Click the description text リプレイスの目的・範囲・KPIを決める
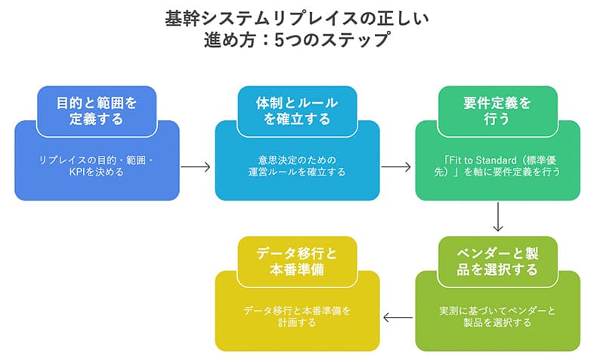[96, 166]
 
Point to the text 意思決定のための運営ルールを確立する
[297, 166]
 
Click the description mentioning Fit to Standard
[498, 166]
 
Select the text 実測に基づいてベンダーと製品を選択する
[498, 316]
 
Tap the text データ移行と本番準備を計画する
[297, 316]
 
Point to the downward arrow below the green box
[498, 218]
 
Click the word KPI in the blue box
[77, 172]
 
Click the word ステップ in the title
[366, 39]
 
